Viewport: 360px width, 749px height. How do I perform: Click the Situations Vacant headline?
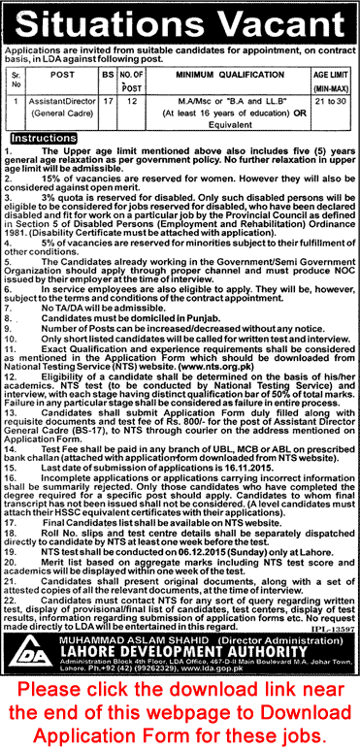pos(180,20)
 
